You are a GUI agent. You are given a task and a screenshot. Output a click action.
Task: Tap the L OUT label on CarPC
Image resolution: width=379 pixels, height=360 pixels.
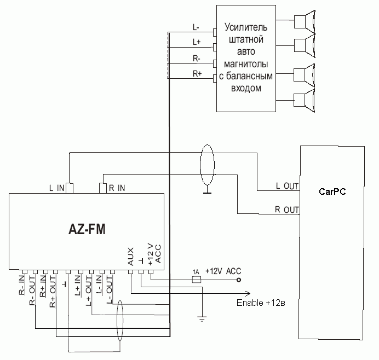[287, 186]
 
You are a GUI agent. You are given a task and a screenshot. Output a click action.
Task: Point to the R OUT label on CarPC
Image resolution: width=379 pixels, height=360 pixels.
[286, 210]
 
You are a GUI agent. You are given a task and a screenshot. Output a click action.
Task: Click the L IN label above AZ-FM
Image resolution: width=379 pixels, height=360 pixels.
[56, 188]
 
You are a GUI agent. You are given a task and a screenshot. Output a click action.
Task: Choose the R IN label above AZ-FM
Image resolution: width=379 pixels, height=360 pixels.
[116, 188]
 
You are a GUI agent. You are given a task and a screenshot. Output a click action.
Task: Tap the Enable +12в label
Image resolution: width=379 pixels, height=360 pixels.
[260, 303]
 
